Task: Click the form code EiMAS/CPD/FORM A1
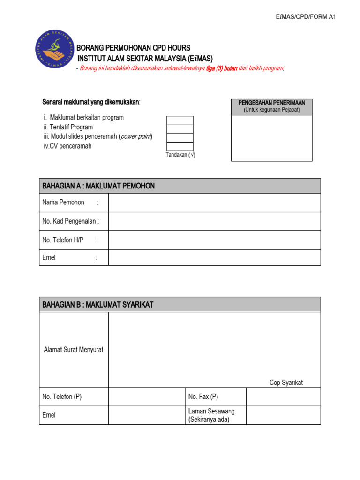click(306, 17)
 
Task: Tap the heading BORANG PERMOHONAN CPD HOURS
click(134, 48)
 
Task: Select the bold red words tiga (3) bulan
click(222, 68)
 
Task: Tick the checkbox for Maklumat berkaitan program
click(180, 120)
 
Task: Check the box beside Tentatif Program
click(180, 129)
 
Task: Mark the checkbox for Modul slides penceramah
click(180, 138)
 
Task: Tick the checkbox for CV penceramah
click(180, 146)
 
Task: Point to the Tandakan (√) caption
click(180, 155)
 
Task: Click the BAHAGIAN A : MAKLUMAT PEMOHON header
click(180, 186)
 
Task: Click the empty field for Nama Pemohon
click(214, 202)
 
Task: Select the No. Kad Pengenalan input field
click(214, 221)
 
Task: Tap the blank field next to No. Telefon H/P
click(214, 240)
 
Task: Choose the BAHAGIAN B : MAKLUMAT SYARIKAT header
click(180, 305)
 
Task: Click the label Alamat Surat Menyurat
click(74, 350)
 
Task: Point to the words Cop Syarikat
click(286, 382)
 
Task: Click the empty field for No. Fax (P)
click(283, 397)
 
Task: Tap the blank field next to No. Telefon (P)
click(146, 397)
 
